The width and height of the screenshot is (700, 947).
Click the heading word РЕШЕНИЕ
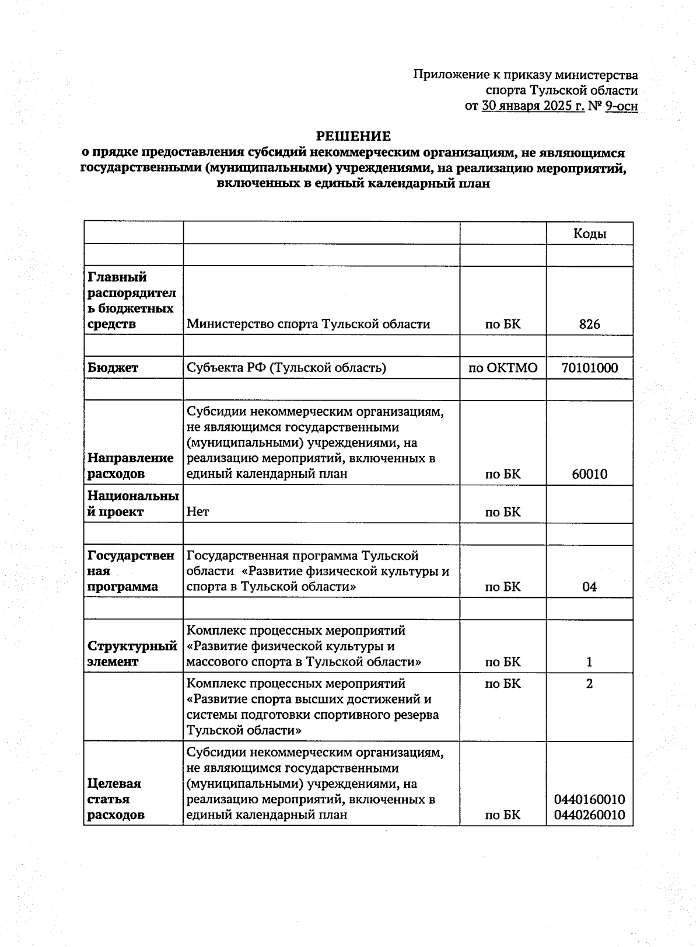(x=353, y=137)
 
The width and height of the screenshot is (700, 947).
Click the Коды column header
(x=590, y=234)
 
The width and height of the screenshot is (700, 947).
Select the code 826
(x=589, y=324)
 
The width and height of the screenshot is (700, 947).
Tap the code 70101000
(x=589, y=368)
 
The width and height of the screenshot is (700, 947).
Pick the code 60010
(x=589, y=474)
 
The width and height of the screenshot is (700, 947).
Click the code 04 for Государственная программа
(x=589, y=587)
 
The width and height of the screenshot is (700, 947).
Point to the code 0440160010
(x=589, y=799)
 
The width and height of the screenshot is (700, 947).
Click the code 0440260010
(x=589, y=815)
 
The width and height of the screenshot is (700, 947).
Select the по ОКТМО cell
(x=503, y=368)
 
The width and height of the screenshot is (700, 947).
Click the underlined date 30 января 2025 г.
(x=533, y=106)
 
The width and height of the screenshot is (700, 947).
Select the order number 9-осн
(x=622, y=106)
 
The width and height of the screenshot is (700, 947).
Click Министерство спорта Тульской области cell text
(x=308, y=324)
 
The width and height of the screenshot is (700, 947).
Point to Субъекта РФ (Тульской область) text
(x=286, y=368)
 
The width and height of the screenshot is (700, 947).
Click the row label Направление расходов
(x=131, y=466)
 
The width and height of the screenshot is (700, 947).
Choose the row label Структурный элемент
(x=132, y=654)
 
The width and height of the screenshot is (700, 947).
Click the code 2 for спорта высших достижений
(x=589, y=684)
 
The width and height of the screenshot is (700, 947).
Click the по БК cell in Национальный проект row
(x=503, y=512)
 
